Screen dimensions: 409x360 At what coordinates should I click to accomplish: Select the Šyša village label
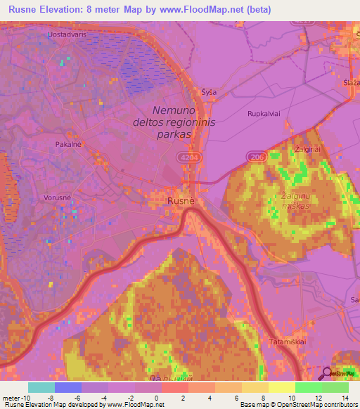point(209,92)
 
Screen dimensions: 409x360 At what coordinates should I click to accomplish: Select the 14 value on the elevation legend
point(346,397)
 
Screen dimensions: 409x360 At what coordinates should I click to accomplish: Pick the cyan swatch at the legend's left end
point(41,387)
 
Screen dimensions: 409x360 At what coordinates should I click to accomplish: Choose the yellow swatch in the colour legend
point(281,387)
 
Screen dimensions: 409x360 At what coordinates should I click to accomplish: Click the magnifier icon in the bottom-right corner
point(328,373)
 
